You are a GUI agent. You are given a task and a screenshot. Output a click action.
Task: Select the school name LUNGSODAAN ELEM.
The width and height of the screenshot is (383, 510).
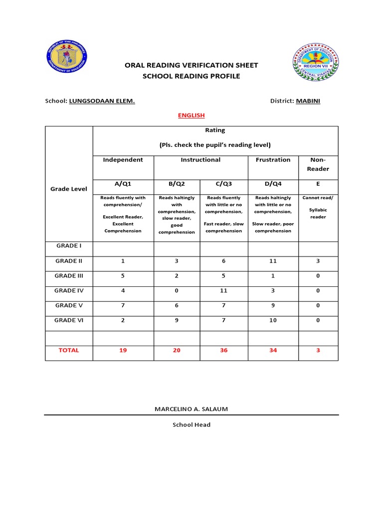(x=102, y=101)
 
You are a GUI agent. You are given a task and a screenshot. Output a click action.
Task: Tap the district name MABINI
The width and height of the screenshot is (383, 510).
(x=308, y=101)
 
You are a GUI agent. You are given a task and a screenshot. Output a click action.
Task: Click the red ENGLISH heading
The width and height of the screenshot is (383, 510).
(x=191, y=116)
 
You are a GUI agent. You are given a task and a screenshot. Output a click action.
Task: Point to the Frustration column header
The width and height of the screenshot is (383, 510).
(x=273, y=160)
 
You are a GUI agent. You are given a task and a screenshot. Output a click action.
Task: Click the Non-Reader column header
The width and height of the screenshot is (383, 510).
(x=318, y=164)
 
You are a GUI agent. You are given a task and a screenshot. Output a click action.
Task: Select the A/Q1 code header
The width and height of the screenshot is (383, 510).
(x=123, y=184)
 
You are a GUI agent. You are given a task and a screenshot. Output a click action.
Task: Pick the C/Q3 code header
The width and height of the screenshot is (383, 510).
(x=223, y=184)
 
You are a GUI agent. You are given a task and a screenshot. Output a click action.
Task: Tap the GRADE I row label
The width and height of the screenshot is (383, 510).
(x=68, y=246)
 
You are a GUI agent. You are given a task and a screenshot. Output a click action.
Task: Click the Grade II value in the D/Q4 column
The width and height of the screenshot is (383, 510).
(x=273, y=261)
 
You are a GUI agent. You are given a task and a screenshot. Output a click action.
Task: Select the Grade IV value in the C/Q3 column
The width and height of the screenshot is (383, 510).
(x=223, y=291)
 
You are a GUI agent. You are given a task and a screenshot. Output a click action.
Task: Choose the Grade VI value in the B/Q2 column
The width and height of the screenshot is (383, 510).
(x=177, y=321)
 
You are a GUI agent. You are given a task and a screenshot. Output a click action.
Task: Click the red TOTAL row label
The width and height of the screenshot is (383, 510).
(x=69, y=351)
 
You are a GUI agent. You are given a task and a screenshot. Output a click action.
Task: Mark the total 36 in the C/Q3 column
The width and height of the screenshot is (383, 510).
(x=223, y=351)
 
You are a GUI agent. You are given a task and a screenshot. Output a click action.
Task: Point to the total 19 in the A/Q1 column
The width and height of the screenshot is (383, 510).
(x=123, y=351)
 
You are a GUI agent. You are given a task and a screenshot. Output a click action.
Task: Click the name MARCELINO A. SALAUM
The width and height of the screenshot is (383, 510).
(x=191, y=409)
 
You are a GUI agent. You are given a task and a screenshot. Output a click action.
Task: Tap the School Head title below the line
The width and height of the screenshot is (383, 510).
(x=191, y=425)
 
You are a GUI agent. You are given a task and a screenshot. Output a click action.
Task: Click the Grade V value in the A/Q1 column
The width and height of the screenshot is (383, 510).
(x=123, y=306)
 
